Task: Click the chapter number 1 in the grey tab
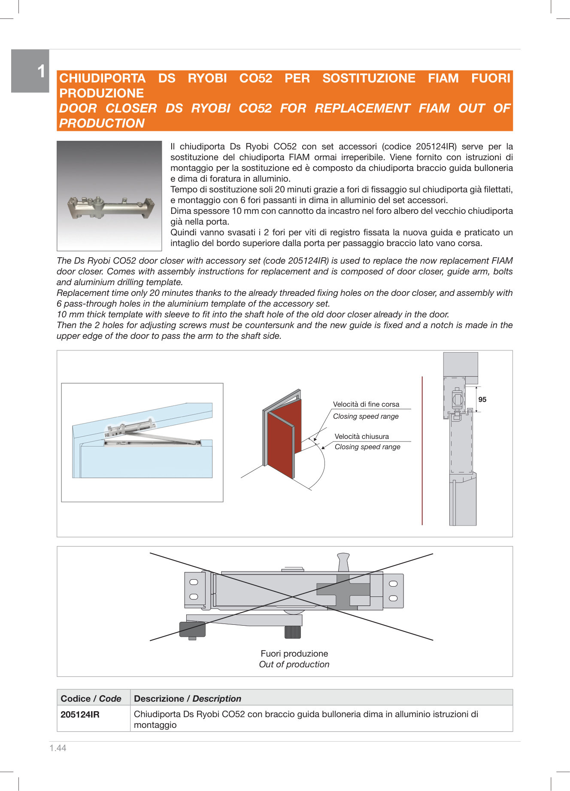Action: [41, 71]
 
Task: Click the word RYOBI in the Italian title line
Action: [207, 78]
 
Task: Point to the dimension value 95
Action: [482, 400]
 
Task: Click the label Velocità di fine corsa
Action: [366, 405]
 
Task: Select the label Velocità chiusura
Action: [361, 437]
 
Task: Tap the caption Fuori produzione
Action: [294, 654]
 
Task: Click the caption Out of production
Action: [294, 664]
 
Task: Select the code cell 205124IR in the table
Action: [80, 715]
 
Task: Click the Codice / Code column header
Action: [91, 699]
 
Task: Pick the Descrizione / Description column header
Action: [187, 699]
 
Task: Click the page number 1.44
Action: [58, 748]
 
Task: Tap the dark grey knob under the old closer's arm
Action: [192, 630]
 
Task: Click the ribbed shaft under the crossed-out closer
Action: [292, 632]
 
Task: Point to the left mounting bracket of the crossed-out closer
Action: [194, 590]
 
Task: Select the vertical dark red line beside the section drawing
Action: [422, 451]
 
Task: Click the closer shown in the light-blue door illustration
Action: [131, 427]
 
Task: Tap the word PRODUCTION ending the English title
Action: [102, 123]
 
